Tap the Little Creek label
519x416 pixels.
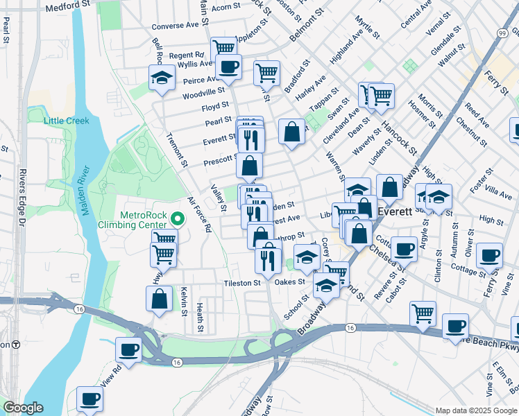(x=67, y=121)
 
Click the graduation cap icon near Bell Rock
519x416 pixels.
(x=162, y=78)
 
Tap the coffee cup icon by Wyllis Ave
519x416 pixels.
(x=228, y=67)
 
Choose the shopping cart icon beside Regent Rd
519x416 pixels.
(x=223, y=49)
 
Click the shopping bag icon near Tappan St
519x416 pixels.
(x=292, y=132)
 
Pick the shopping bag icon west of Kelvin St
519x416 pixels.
(x=159, y=300)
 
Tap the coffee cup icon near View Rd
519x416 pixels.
(x=128, y=350)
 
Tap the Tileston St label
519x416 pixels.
(x=241, y=283)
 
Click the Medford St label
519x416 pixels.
(x=67, y=8)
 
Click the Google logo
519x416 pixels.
(x=23, y=408)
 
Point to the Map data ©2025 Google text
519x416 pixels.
(x=475, y=410)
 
